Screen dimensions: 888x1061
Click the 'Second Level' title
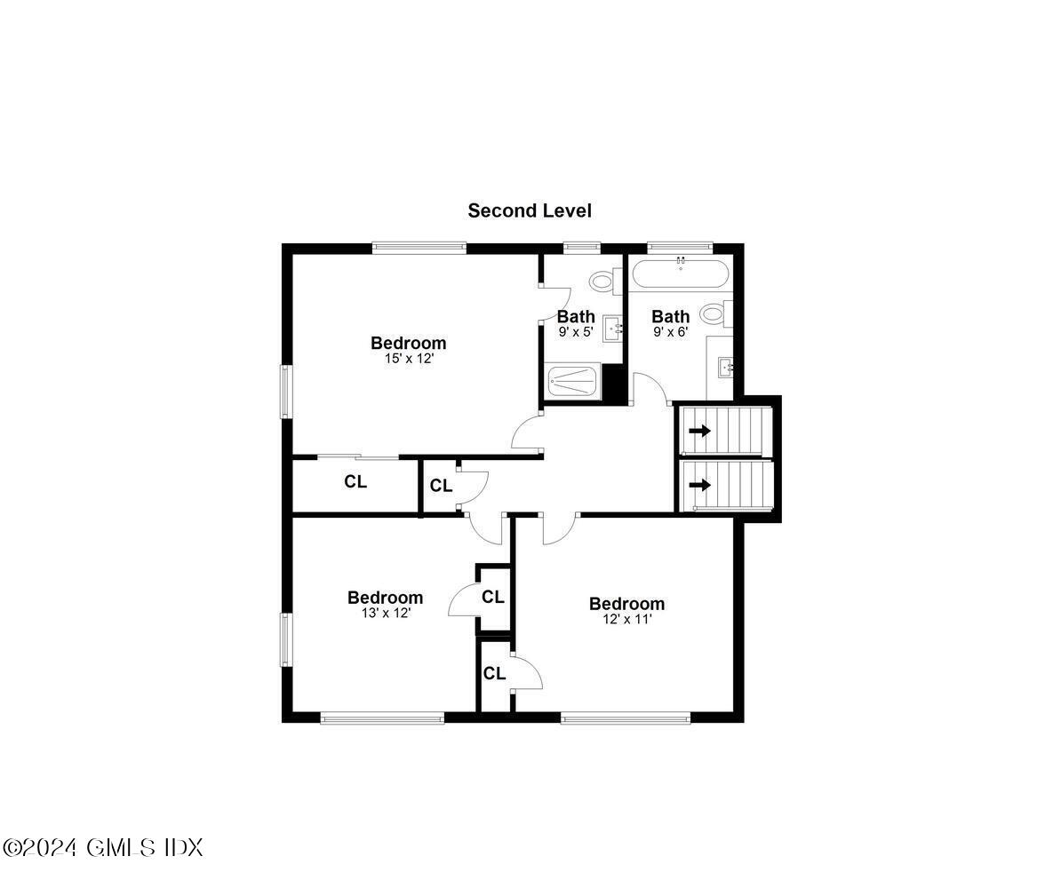[x=530, y=210]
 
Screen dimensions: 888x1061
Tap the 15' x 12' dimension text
[x=408, y=360]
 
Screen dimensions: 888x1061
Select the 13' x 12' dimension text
[x=385, y=614]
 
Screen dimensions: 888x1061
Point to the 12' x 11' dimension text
[x=626, y=620]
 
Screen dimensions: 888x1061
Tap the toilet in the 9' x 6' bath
[x=714, y=313]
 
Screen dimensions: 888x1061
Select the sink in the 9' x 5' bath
[x=613, y=328]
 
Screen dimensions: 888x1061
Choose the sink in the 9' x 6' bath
[x=726, y=366]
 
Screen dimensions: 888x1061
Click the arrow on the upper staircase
[x=700, y=432]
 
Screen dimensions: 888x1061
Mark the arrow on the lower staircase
[x=700, y=485]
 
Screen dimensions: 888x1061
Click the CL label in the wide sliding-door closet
[x=355, y=483]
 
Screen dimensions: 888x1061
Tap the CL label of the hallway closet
[x=441, y=486]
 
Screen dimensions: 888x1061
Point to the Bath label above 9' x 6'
[x=670, y=316]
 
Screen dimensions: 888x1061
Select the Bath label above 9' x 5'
[x=576, y=316]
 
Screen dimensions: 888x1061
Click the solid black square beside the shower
[x=612, y=382]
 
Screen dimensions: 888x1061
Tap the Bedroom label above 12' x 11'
[x=626, y=604]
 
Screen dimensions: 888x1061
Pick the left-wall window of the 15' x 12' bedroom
[x=286, y=391]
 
